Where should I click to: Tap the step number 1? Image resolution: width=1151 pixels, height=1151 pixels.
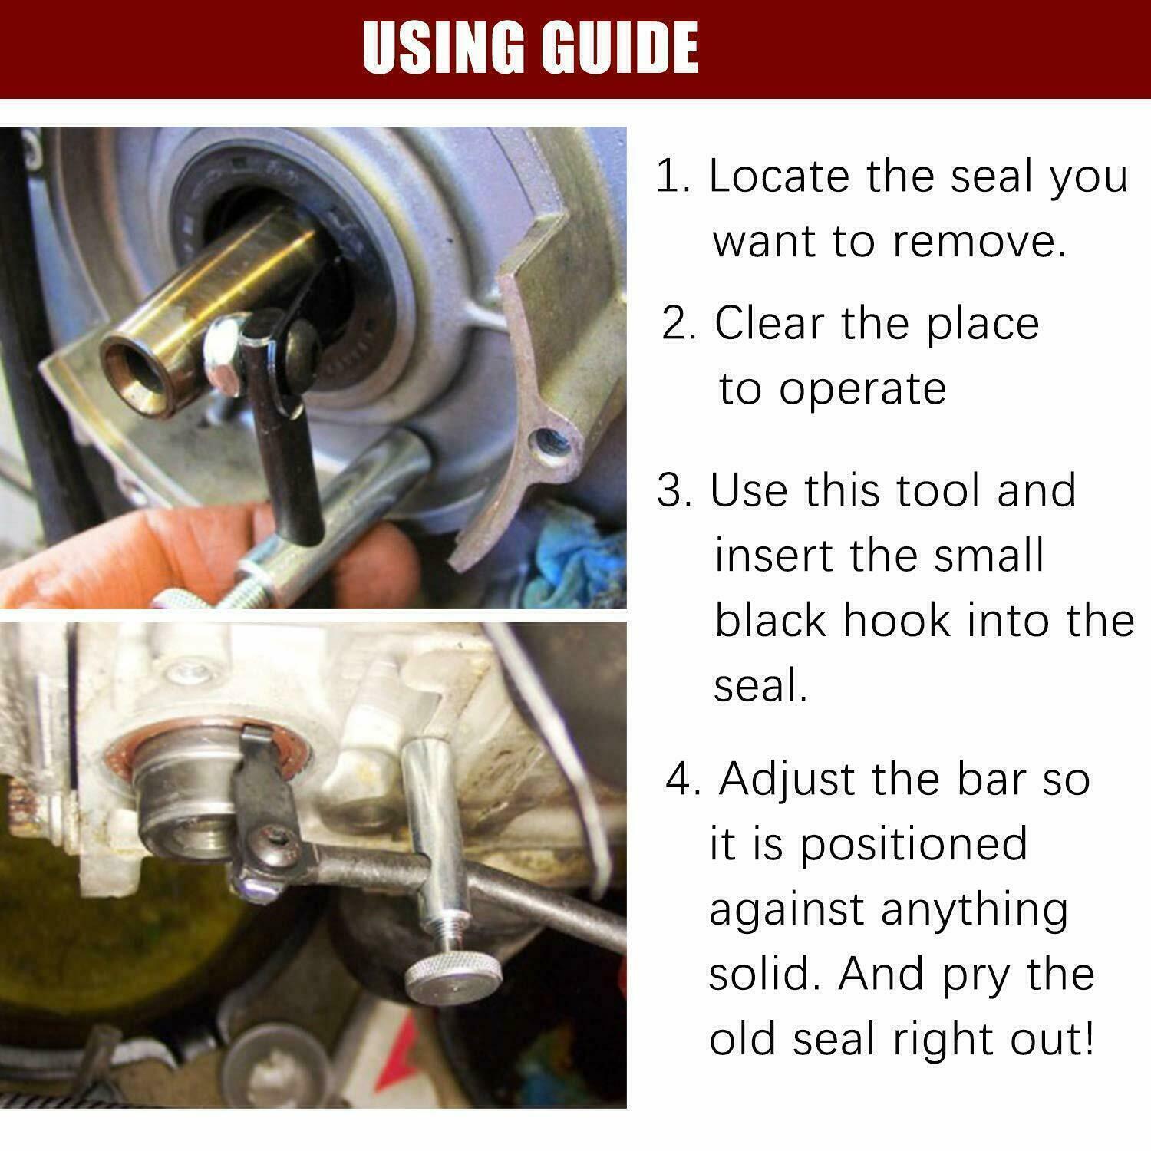pyautogui.click(x=672, y=176)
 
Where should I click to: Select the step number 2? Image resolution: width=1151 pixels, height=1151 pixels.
pyautogui.click(x=679, y=323)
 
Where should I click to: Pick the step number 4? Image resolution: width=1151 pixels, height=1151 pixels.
pyautogui.click(x=683, y=779)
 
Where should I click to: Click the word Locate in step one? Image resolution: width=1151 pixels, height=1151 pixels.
pyautogui.click(x=780, y=176)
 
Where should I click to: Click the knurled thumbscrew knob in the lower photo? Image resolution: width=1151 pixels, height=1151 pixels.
pyautogui.click(x=434, y=981)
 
